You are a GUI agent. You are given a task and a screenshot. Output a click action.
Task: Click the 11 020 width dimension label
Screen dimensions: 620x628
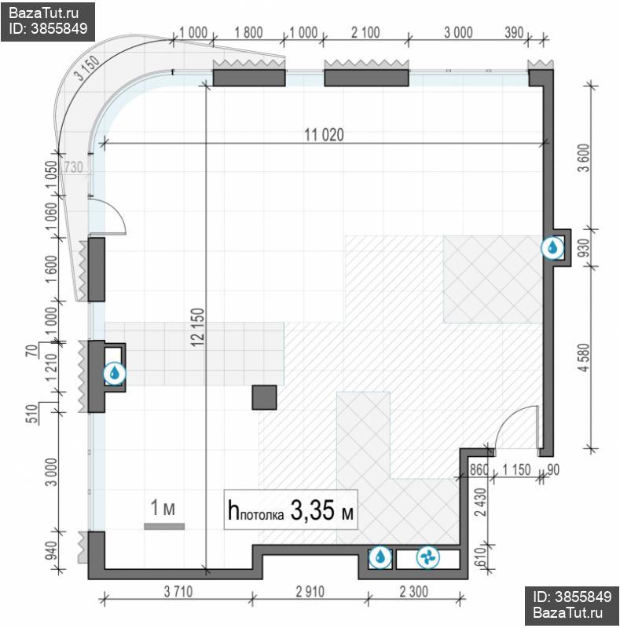(x=324, y=134)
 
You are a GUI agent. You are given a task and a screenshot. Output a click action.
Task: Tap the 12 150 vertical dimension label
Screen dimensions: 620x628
(x=198, y=327)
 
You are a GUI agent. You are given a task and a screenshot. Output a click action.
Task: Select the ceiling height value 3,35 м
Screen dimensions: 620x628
(x=321, y=510)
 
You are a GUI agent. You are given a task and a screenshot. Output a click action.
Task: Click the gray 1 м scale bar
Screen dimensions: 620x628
(x=164, y=526)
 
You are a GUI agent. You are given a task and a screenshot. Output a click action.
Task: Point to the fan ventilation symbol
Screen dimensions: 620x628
(x=428, y=557)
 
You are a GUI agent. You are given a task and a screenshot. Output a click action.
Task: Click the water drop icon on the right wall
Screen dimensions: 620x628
(x=552, y=247)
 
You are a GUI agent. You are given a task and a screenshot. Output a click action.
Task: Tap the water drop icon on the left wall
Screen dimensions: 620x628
(x=115, y=374)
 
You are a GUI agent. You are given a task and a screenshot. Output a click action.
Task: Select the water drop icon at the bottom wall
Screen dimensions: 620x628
(x=380, y=557)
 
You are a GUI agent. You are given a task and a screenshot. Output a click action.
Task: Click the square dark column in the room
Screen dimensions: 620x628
(x=264, y=397)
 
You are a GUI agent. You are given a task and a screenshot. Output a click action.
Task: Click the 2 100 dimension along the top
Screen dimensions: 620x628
(x=365, y=32)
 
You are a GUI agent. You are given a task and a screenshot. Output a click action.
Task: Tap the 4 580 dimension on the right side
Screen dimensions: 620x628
(x=585, y=357)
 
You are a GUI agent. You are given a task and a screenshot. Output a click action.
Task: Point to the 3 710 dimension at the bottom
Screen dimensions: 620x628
(x=178, y=591)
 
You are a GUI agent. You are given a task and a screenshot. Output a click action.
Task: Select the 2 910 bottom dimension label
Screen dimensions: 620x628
(x=310, y=591)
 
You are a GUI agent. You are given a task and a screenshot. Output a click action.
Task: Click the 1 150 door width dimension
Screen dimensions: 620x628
(x=516, y=469)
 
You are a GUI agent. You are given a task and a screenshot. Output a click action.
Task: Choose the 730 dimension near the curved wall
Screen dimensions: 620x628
(x=73, y=166)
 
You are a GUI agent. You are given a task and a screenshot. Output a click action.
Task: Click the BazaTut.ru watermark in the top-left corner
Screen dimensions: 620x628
(x=44, y=13)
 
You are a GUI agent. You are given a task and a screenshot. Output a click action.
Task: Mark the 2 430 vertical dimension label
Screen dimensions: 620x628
(x=480, y=502)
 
